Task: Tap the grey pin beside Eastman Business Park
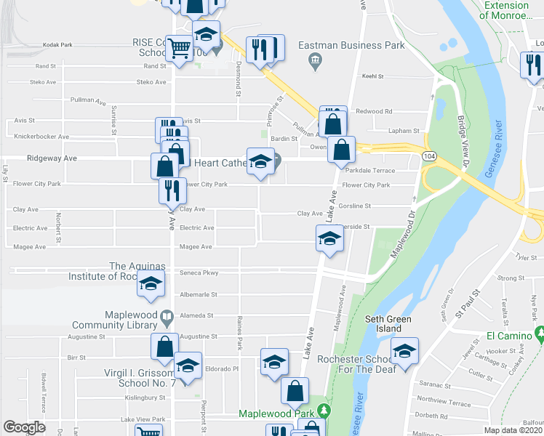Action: tap(315, 58)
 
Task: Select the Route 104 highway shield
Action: tap(430, 156)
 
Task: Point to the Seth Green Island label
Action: tap(389, 323)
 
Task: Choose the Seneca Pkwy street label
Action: tap(199, 272)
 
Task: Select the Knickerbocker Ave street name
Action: tap(41, 137)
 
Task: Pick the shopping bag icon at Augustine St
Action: tap(164, 346)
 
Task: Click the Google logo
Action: tap(24, 427)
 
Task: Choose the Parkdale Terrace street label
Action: tap(371, 171)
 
